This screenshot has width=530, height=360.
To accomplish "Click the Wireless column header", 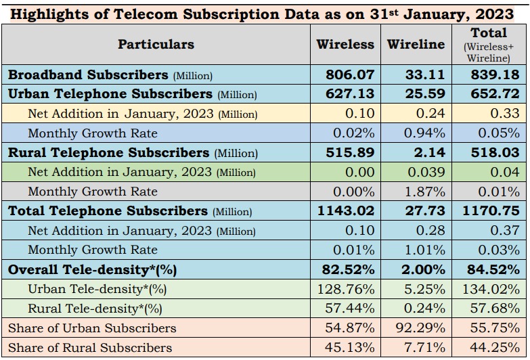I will coord(345,44).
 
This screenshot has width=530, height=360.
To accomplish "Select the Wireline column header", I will coord(416,44).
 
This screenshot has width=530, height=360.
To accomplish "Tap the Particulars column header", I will coord(156,44).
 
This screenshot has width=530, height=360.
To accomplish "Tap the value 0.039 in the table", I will coord(426,173).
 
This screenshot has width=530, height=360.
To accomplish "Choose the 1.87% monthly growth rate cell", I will coord(424,192).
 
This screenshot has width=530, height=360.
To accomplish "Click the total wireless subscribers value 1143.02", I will coord(345,211).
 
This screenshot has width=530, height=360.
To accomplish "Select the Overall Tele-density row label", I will coord(92,269).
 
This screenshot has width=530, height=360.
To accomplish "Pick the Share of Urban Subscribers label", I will coord(92,328).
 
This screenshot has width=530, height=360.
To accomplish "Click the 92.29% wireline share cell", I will coord(421,328).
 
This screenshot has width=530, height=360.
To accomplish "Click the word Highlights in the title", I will coord(50,14).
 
